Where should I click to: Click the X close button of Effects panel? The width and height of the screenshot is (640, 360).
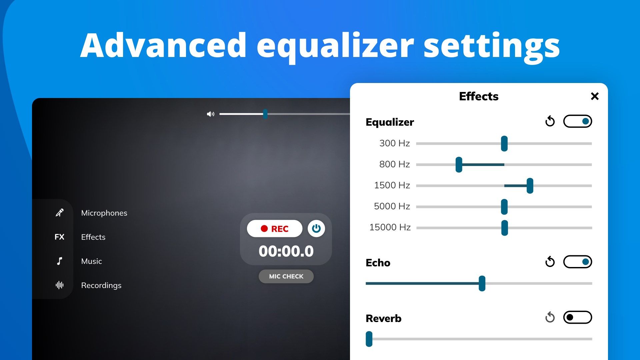point(595,96)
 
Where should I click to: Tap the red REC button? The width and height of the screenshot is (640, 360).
point(275,229)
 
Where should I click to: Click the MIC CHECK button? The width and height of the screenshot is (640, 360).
point(286,276)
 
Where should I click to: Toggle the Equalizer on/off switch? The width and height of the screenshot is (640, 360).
point(578,121)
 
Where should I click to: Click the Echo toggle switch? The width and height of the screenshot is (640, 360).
point(578,262)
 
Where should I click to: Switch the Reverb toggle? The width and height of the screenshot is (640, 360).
point(578,317)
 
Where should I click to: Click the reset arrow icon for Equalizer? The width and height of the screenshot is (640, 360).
point(550,121)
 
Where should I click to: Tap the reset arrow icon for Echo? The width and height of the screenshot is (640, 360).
point(550,262)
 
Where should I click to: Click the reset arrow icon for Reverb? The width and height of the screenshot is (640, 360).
point(550,317)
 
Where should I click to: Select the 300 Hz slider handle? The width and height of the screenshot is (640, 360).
point(504,144)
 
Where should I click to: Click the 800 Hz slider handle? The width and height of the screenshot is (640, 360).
point(459,165)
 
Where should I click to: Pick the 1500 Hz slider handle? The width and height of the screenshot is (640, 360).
point(530,186)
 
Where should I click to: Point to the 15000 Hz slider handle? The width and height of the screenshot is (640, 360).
point(505,228)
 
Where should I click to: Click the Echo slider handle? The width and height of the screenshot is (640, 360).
point(482,284)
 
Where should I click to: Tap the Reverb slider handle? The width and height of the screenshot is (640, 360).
point(369,339)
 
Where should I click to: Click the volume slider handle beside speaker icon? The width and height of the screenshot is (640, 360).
point(265,114)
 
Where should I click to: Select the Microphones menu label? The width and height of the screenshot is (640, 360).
point(104,213)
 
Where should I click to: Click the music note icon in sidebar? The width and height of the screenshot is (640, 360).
point(59,261)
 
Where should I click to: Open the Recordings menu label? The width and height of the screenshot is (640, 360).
point(101,285)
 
